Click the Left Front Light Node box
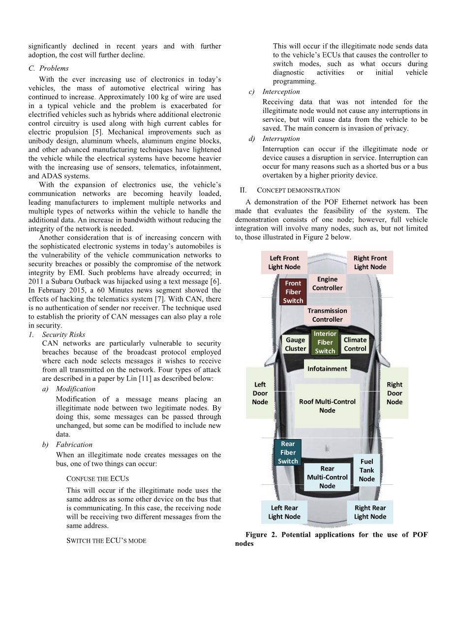click(x=284, y=263)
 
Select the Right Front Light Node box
click(x=370, y=263)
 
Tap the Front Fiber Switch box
click(x=293, y=292)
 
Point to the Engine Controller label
click(x=327, y=283)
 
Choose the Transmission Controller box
click(x=327, y=315)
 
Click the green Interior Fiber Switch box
click(x=325, y=342)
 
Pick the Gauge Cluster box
click(x=295, y=344)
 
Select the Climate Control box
click(x=355, y=344)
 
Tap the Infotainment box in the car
click(x=327, y=369)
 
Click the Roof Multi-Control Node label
click(x=327, y=406)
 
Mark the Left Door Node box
click(x=260, y=393)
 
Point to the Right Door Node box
click(x=394, y=393)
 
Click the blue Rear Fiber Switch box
click(x=288, y=452)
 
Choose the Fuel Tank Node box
click(x=367, y=470)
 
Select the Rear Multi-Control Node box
click(x=327, y=477)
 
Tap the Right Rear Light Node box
click(x=370, y=512)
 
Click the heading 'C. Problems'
click(x=49, y=68)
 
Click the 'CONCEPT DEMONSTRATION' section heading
click(x=298, y=191)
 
